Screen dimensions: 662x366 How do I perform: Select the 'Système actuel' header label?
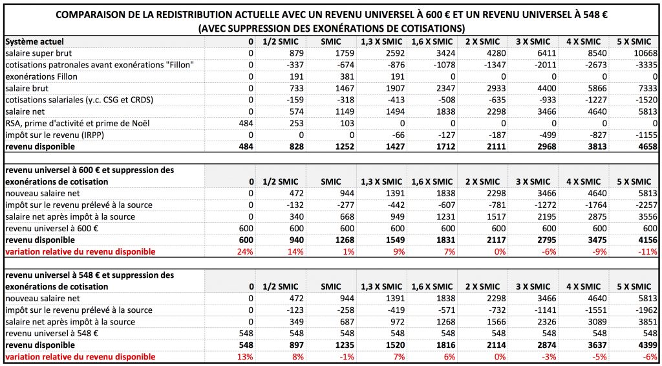click(x=35, y=41)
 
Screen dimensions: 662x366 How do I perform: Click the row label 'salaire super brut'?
click(x=38, y=54)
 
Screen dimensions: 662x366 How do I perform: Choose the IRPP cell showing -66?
click(x=398, y=135)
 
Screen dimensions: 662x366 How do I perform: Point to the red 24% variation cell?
click(x=246, y=251)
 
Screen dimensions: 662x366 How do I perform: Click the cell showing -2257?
click(x=646, y=205)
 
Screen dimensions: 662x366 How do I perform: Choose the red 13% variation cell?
click(x=246, y=357)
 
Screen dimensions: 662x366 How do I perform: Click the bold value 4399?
click(x=648, y=345)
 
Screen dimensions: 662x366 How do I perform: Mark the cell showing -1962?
click(x=646, y=310)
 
